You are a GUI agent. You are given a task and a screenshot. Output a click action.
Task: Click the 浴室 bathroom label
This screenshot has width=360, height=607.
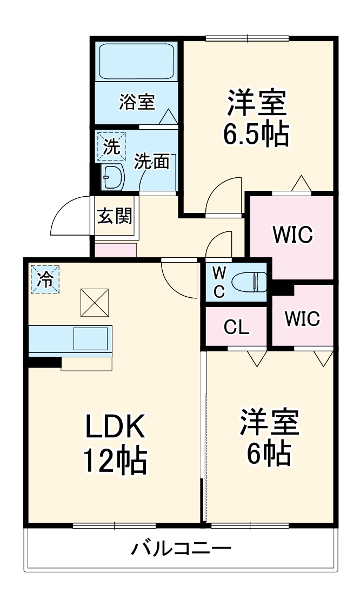137,102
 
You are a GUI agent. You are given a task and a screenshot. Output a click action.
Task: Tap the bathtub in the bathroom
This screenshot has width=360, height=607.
136,61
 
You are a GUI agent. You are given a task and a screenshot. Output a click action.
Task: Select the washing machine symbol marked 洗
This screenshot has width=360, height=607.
111,146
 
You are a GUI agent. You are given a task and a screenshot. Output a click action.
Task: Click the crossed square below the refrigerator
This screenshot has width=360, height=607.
95,302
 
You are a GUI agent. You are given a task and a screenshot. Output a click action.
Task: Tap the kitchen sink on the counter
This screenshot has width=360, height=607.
90,339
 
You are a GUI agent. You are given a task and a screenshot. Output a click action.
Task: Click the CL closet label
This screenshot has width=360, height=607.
236,328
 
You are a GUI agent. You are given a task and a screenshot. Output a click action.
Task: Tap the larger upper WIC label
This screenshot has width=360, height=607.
292,235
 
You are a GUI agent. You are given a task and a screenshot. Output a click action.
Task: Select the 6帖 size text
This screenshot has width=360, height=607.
269,454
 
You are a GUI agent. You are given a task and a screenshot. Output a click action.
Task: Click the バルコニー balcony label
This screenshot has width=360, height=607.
181,550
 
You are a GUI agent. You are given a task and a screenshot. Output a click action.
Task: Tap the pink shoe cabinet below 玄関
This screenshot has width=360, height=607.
116,250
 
